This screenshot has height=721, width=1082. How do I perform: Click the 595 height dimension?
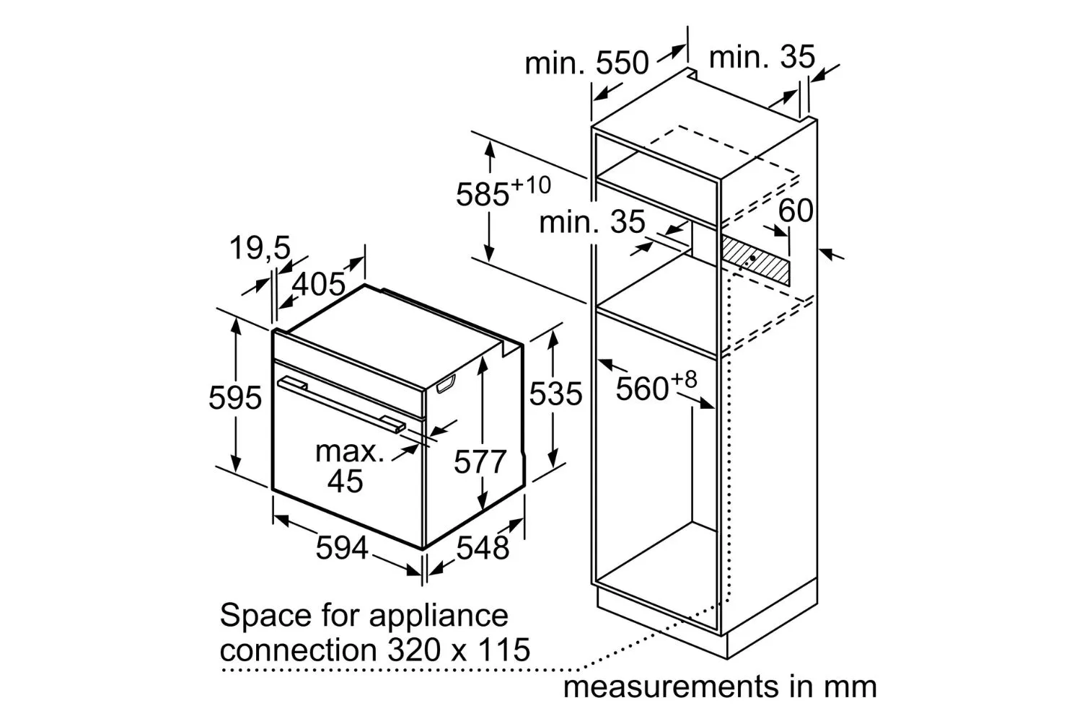235,398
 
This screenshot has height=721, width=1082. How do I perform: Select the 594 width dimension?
342,548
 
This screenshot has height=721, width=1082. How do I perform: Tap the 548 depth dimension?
483,548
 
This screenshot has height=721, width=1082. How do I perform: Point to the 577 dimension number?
480,461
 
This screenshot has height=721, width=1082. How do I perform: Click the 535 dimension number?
555,394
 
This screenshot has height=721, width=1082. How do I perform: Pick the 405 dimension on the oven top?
319,284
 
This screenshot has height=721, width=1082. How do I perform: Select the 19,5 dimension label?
260,247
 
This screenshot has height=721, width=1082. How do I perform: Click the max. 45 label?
348,466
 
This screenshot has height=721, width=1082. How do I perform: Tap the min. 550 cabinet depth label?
587,63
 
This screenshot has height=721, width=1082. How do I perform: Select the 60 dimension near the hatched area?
796,211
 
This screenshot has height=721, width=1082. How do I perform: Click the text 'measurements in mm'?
720,686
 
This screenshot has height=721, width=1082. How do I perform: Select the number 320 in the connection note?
414,650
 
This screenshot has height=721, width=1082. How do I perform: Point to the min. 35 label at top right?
762,57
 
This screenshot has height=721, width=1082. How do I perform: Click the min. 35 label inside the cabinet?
591,221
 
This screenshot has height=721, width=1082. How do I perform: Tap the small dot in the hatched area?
752,258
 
